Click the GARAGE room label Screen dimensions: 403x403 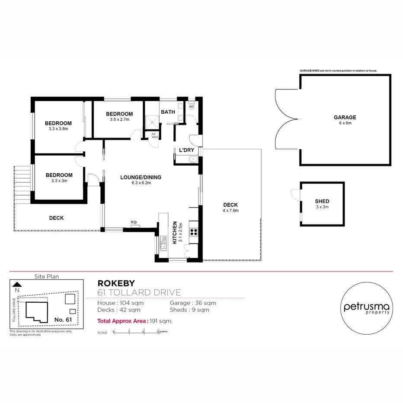345,117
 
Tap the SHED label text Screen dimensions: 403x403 322,201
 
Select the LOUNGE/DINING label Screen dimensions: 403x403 141,177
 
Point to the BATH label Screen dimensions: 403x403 168,112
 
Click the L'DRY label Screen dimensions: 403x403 186,150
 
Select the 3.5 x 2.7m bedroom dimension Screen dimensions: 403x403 119,119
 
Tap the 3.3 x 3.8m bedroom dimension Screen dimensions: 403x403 58,128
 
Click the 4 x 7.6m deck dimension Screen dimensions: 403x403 231,211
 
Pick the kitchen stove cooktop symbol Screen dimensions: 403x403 194,232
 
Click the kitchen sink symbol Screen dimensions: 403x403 164,244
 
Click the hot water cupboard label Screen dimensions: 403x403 154,135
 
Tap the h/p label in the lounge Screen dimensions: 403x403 134,222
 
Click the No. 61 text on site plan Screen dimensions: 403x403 63,319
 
